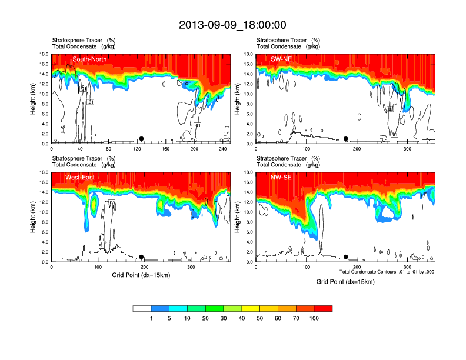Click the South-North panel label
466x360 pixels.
point(90,59)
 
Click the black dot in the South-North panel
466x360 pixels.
point(142,139)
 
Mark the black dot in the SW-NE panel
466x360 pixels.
point(346,139)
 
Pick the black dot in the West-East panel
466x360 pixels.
point(142,257)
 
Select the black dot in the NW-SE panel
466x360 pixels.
point(346,257)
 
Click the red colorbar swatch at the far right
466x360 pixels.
point(323,308)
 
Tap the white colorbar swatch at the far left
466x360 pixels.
point(142,308)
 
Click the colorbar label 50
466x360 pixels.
point(260,318)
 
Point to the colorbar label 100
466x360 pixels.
point(314,318)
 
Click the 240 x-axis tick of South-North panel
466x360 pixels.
point(222,149)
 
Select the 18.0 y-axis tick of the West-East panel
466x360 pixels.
point(43,172)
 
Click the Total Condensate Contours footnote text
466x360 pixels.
point(387,272)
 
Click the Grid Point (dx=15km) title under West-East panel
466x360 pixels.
point(140,275)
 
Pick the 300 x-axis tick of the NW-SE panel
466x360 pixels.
point(407,268)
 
